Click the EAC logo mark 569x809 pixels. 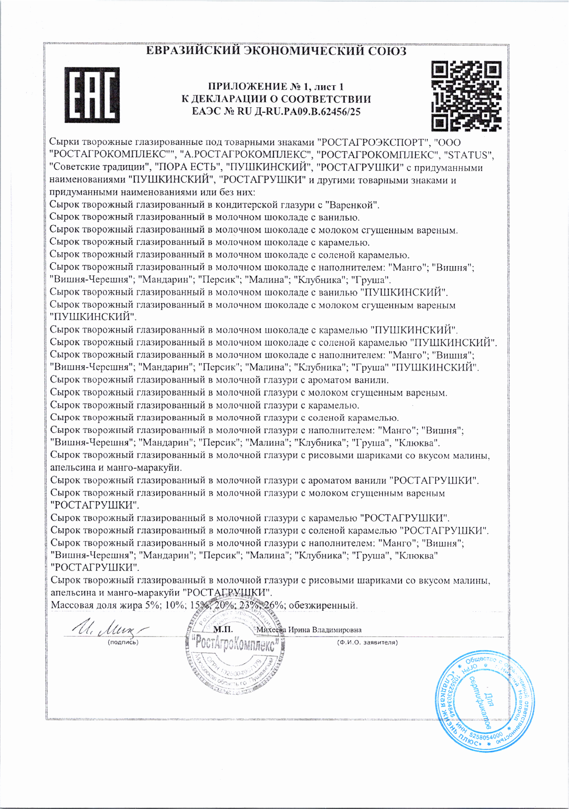92,95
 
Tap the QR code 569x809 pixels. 466,96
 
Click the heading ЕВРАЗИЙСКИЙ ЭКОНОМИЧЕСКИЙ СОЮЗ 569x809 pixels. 276,51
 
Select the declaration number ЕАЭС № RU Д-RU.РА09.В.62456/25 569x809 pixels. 276,111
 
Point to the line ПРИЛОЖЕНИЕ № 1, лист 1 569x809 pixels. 276,87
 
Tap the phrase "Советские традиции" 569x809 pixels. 100,167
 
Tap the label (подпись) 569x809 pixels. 123,643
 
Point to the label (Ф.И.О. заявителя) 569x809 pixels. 367,643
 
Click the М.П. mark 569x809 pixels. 223,629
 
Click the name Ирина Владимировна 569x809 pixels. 325,630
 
